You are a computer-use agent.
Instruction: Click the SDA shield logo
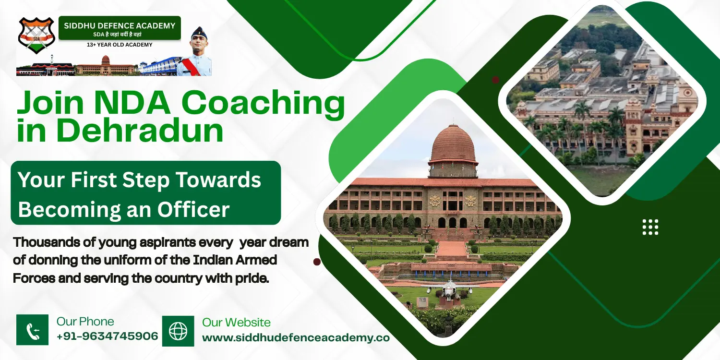(36, 36)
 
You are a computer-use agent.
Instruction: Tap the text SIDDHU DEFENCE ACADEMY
(120, 25)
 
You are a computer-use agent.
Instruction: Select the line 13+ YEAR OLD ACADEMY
(120, 45)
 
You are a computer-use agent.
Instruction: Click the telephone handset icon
(33, 331)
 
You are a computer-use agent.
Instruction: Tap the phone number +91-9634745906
(107, 336)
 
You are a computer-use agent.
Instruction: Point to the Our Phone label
(85, 322)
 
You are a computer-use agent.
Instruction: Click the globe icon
(178, 331)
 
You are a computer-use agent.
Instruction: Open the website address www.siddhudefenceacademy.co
(296, 337)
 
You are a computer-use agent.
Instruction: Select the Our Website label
(236, 322)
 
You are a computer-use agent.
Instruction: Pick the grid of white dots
(650, 227)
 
